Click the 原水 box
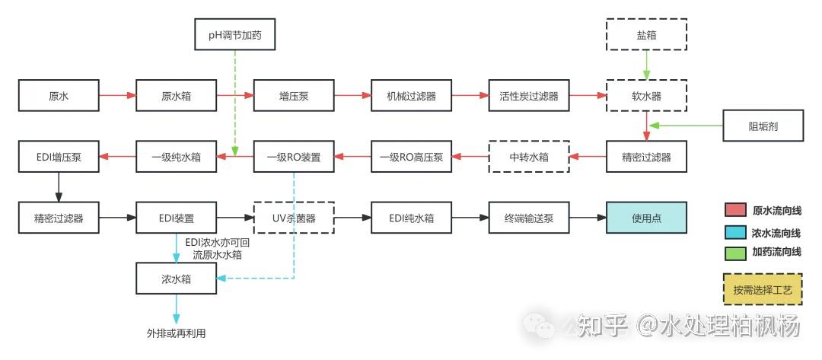pyautogui.click(x=59, y=96)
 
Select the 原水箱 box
pyautogui.click(x=177, y=96)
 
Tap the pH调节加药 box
pyautogui.click(x=235, y=35)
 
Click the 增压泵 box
pyautogui.click(x=294, y=96)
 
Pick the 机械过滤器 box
pyautogui.click(x=411, y=96)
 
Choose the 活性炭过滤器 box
pyautogui.click(x=529, y=96)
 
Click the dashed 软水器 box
pyautogui.click(x=646, y=96)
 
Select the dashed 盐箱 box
pyautogui.click(x=646, y=35)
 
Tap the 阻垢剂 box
pyautogui.click(x=763, y=126)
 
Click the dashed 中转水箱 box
pyautogui.click(x=529, y=157)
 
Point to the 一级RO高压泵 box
pyautogui.click(x=411, y=157)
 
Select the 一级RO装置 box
pyautogui.click(x=294, y=157)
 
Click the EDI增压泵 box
pyautogui.click(x=59, y=157)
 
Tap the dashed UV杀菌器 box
pyautogui.click(x=294, y=218)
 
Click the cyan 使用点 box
pyautogui.click(x=646, y=218)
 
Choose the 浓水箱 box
pyautogui.click(x=177, y=279)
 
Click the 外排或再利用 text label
pyautogui.click(x=177, y=333)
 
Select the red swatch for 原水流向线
pyautogui.click(x=734, y=211)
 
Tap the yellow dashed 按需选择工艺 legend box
pyautogui.click(x=763, y=290)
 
